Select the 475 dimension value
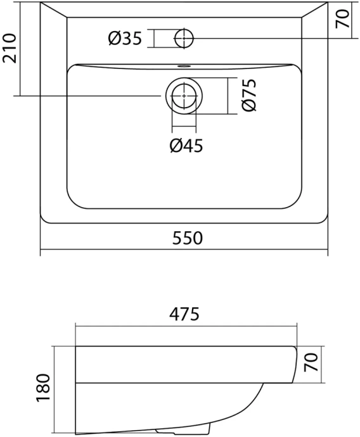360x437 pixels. coord(186,313)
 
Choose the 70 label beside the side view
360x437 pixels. coord(310,364)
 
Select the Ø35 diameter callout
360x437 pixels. coord(124,39)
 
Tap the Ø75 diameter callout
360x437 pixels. coord(248,96)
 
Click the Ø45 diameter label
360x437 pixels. coord(186,146)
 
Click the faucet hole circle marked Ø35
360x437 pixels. coord(184,39)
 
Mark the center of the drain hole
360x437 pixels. coord(184,96)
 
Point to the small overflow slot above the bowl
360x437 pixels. coord(184,65)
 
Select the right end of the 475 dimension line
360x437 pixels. coord(295,327)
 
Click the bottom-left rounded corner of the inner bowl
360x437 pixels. coord(72,203)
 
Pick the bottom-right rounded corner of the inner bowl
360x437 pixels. coord(296,203)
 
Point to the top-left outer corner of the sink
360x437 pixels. coord(42,3)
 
